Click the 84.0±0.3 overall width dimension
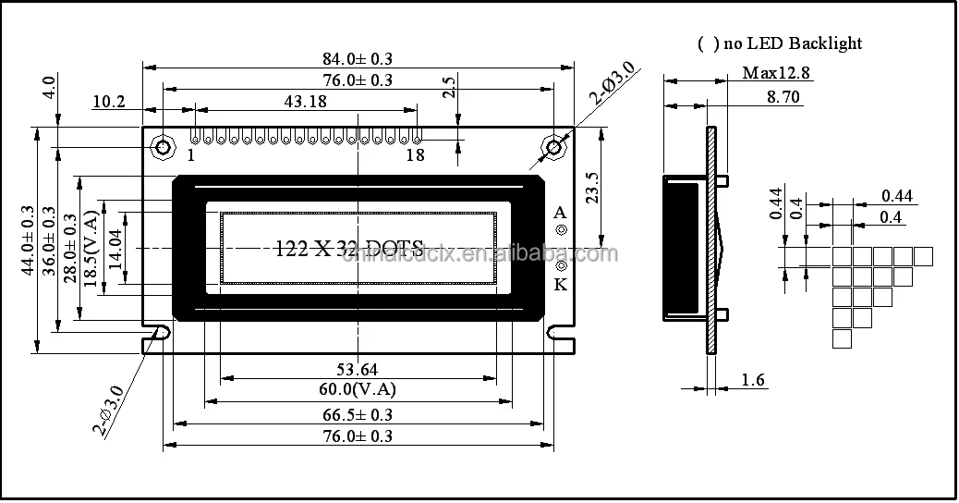tap(357, 59)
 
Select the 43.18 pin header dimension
tap(306, 102)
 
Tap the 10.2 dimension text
tap(109, 102)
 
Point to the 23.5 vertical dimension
tap(593, 189)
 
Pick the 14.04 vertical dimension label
tap(115, 248)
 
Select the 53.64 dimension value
tap(357, 370)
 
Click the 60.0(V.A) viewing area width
tap(357, 389)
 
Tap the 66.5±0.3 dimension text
tap(357, 414)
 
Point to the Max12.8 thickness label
tap(776, 73)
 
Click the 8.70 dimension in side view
tap(783, 96)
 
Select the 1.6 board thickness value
tap(754, 380)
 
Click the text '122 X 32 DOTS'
tap(349, 248)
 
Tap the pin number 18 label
tap(415, 155)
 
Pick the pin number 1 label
tap(191, 155)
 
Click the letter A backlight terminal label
tap(559, 213)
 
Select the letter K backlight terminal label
tap(560, 284)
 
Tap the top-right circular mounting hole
tap(554, 146)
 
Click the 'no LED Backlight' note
tap(781, 43)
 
